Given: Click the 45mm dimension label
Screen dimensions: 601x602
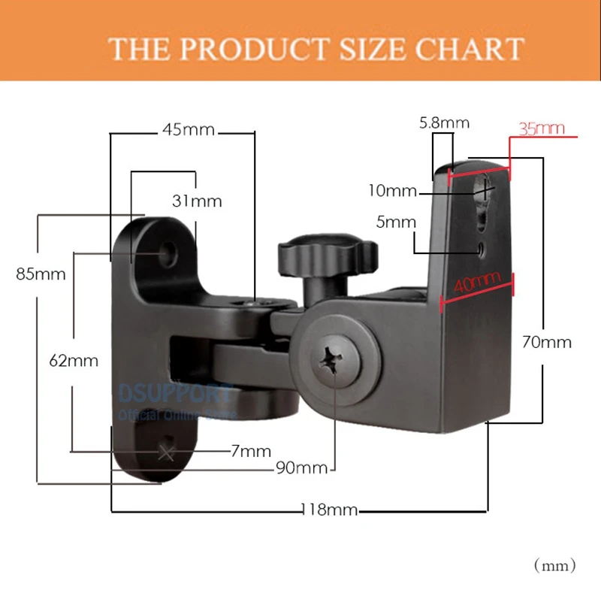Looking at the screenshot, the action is point(188,130).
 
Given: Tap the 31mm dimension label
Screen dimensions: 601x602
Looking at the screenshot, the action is point(197,201).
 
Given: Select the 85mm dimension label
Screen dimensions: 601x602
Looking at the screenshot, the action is point(41,274).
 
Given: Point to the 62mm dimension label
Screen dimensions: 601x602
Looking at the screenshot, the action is point(74,360).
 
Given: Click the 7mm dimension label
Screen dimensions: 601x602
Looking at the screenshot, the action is point(251,451).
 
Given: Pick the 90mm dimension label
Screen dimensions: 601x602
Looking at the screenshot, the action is point(302,467).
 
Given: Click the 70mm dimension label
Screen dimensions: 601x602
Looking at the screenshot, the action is point(546,342).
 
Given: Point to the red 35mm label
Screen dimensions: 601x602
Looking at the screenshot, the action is point(542,129).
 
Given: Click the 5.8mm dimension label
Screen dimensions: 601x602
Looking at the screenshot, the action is point(444,123).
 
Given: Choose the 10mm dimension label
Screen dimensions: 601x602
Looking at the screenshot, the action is point(391,190).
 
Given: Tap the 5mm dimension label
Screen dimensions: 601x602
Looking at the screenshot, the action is point(395,222).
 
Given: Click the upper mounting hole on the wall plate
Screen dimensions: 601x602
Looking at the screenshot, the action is point(171,253).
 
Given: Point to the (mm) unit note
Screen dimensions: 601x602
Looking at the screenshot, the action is point(554,563).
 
